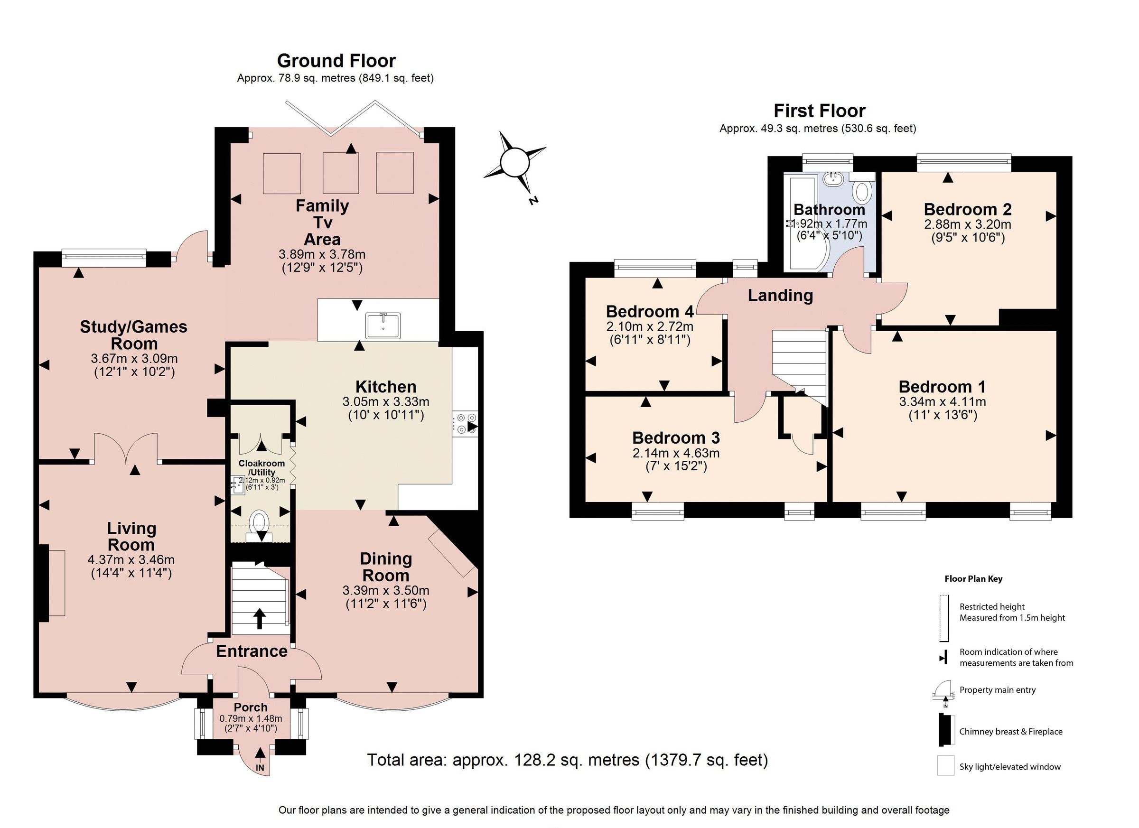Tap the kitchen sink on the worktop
point(383,326)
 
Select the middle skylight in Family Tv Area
point(340,173)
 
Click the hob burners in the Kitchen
point(465,423)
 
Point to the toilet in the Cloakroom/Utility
point(259,521)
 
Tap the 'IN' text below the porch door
point(260,768)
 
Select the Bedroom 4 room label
point(649,312)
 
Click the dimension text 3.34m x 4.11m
point(942,402)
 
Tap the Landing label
point(780,295)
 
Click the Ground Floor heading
point(336,61)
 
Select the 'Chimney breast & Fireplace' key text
point(1010,732)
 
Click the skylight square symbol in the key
point(945,766)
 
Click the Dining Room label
point(386,567)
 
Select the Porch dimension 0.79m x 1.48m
point(251,718)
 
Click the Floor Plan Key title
point(973,578)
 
